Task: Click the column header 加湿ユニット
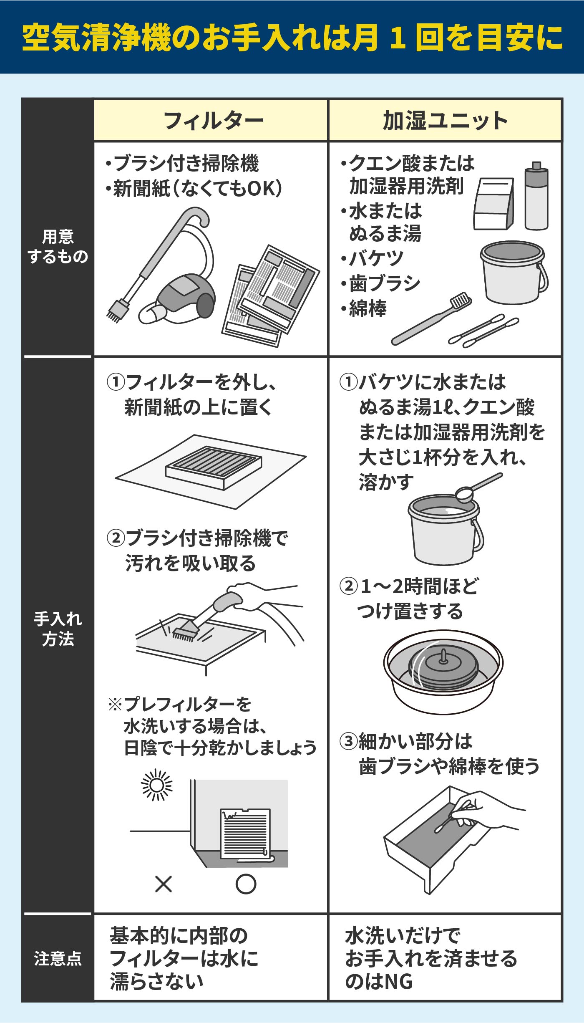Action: (x=445, y=121)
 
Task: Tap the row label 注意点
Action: (x=58, y=958)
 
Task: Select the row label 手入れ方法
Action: (x=58, y=629)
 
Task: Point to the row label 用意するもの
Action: (x=58, y=247)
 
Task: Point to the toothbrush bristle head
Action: (x=461, y=300)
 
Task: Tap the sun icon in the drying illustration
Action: (x=157, y=785)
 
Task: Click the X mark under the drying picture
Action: (x=163, y=884)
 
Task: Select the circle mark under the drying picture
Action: (x=246, y=884)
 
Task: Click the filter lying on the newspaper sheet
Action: (x=214, y=467)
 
